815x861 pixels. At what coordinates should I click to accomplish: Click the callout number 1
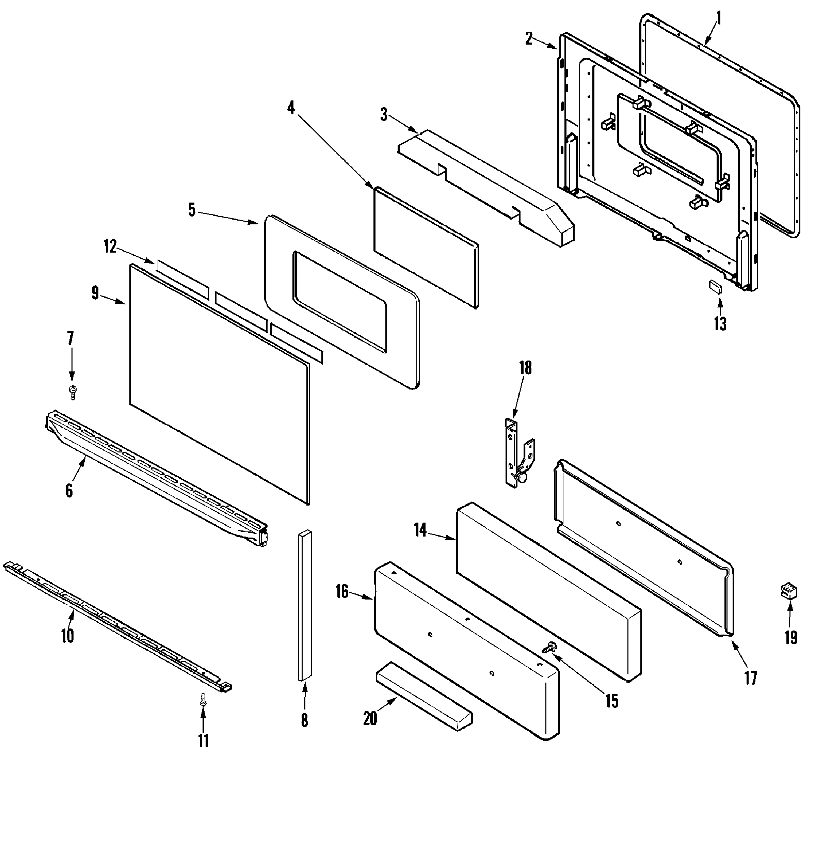[x=719, y=18]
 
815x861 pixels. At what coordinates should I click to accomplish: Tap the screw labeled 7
[x=73, y=392]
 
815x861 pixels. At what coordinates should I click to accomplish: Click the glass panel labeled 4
[x=426, y=248]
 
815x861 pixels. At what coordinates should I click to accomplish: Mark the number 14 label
[x=420, y=530]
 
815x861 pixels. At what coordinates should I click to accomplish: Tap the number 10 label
[x=68, y=636]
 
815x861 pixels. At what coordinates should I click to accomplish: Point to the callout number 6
[x=69, y=491]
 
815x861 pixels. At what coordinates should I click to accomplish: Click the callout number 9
[x=95, y=293]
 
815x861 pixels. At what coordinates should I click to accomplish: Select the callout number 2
[x=529, y=39]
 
